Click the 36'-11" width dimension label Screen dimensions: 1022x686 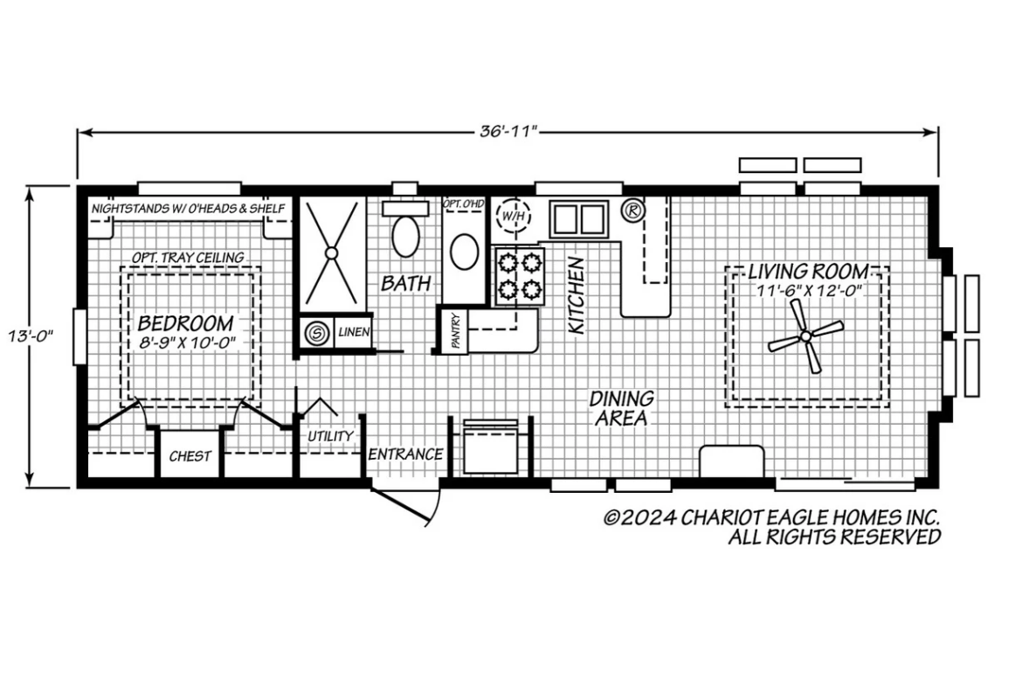[508, 131]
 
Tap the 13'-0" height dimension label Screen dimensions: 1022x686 [30, 336]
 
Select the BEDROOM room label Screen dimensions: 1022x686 [186, 322]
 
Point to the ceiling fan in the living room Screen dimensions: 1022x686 [805, 336]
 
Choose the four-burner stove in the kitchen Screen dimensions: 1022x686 [520, 276]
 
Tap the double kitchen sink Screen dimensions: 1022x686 [579, 219]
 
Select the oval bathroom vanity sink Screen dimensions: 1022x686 [464, 251]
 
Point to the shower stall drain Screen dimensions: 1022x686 [331, 253]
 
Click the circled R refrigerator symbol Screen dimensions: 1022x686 [632, 210]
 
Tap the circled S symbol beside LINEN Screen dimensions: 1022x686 [317, 333]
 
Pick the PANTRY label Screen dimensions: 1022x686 [456, 330]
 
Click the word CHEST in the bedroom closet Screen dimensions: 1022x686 [190, 456]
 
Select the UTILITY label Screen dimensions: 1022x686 [330, 435]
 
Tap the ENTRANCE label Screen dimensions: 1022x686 [405, 454]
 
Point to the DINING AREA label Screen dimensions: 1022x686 [621, 408]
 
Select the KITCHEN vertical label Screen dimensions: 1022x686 [577, 295]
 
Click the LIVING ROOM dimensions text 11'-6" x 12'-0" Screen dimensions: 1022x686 [810, 291]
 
